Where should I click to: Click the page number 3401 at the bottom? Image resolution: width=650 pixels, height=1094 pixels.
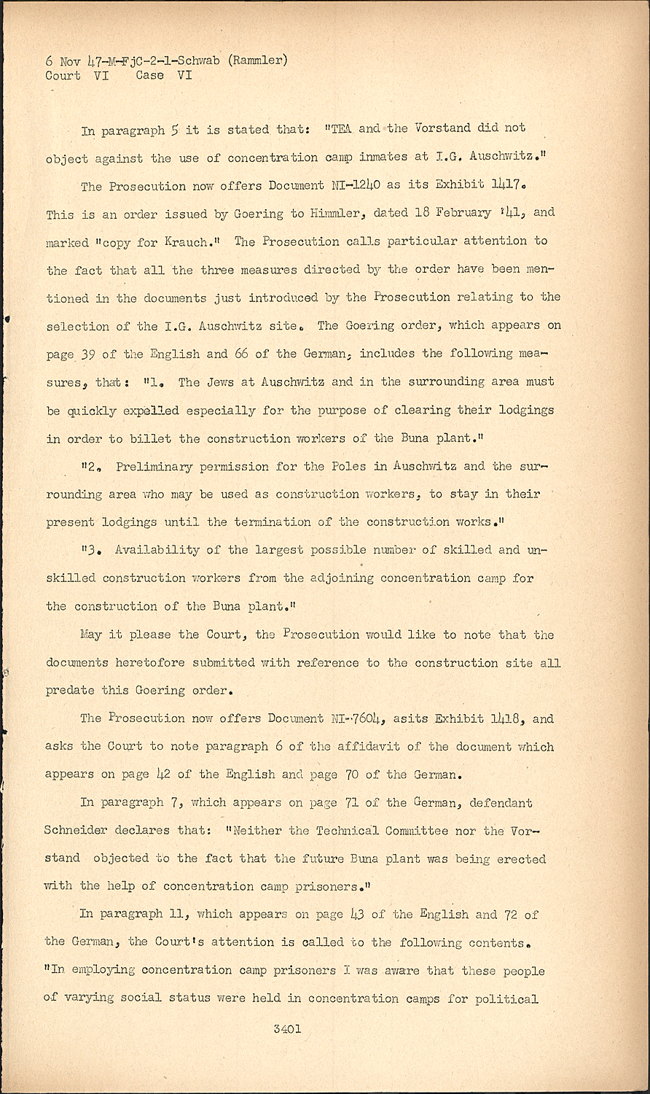[287, 1029]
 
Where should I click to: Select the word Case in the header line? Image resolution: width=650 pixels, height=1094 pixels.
[149, 75]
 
